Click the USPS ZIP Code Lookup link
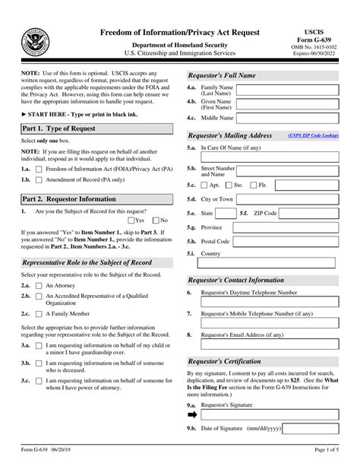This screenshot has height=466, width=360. pos(314,136)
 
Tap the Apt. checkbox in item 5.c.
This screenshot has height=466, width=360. pos(203,185)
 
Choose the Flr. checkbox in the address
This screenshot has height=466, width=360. pos(254,185)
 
